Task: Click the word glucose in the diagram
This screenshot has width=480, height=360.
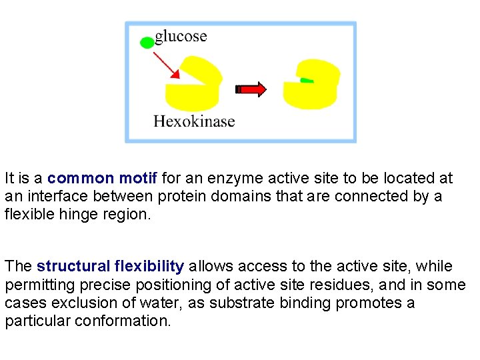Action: pyautogui.click(x=181, y=36)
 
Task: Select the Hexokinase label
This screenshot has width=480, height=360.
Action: pyautogui.click(x=194, y=121)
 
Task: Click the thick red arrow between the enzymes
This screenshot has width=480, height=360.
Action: pyautogui.click(x=251, y=89)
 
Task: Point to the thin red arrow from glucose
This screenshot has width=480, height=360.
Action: pyautogui.click(x=166, y=65)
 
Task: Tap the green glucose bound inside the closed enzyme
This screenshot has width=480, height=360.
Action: pyautogui.click(x=307, y=81)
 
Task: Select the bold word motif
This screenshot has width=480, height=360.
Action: pyautogui.click(x=137, y=179)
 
